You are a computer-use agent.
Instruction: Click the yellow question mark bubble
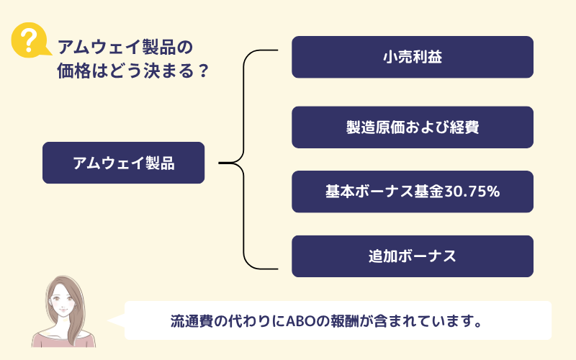[30, 40]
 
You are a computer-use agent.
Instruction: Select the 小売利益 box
[412, 57]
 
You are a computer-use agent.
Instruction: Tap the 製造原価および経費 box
[412, 127]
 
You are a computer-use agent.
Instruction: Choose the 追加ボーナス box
[412, 256]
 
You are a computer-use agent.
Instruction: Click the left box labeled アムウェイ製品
[123, 163]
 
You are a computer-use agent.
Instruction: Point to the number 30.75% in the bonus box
[472, 192]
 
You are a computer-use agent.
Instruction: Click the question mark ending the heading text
[203, 71]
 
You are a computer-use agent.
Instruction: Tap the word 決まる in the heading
[168, 71]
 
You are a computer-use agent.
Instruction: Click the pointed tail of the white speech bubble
[108, 320]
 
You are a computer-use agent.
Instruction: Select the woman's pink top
[63, 339]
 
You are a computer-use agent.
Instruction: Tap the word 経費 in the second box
[464, 127]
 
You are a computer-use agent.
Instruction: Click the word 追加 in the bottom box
[383, 256]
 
